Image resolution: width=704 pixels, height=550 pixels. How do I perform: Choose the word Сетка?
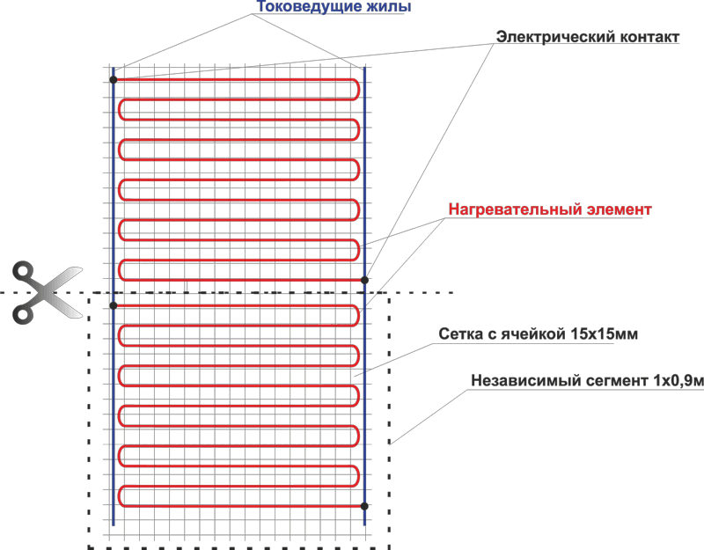click(459, 334)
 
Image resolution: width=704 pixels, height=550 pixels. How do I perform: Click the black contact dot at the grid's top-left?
click(114, 79)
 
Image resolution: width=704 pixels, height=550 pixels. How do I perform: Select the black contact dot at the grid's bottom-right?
click(364, 505)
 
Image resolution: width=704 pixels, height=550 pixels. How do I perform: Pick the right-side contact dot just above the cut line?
click(364, 280)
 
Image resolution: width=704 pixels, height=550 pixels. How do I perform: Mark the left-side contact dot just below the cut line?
click(114, 304)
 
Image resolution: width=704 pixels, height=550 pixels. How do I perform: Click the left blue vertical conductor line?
click(114, 396)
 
